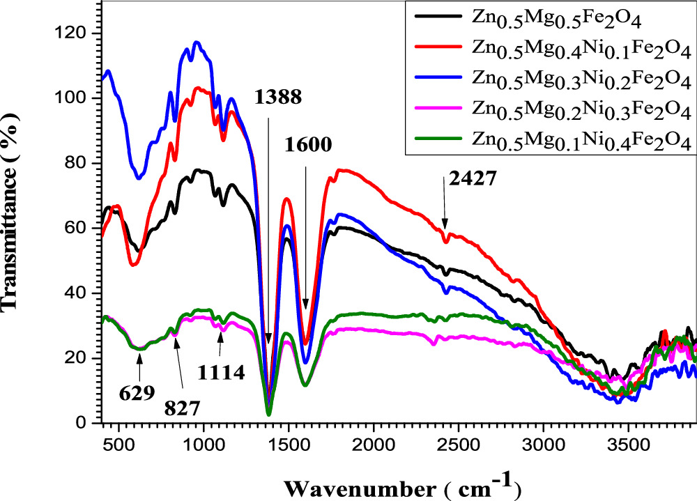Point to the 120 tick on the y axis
coord(72,33)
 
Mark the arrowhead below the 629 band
coord(139,357)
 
